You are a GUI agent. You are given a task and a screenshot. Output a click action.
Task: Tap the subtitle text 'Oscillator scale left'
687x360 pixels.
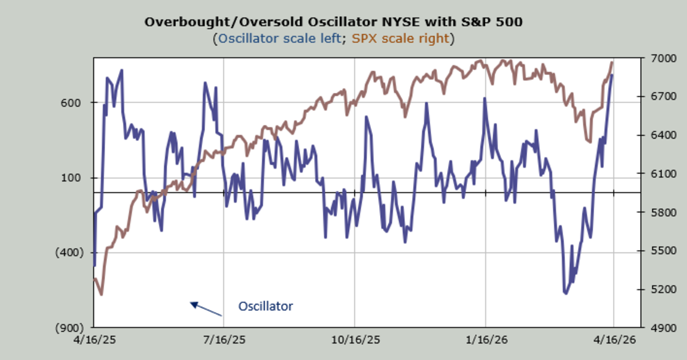(x=279, y=39)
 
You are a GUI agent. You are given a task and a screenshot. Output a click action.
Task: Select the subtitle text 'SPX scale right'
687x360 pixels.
(x=400, y=39)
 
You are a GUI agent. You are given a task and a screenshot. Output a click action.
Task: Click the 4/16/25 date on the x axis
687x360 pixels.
(x=93, y=339)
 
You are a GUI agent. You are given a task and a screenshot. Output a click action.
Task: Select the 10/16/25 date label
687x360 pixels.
(x=354, y=339)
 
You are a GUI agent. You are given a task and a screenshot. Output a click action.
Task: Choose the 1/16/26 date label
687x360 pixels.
(x=485, y=339)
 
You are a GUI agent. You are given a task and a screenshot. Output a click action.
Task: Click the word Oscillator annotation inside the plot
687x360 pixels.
(x=265, y=307)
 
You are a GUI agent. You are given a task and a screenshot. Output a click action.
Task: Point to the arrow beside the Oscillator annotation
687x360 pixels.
(x=206, y=309)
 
